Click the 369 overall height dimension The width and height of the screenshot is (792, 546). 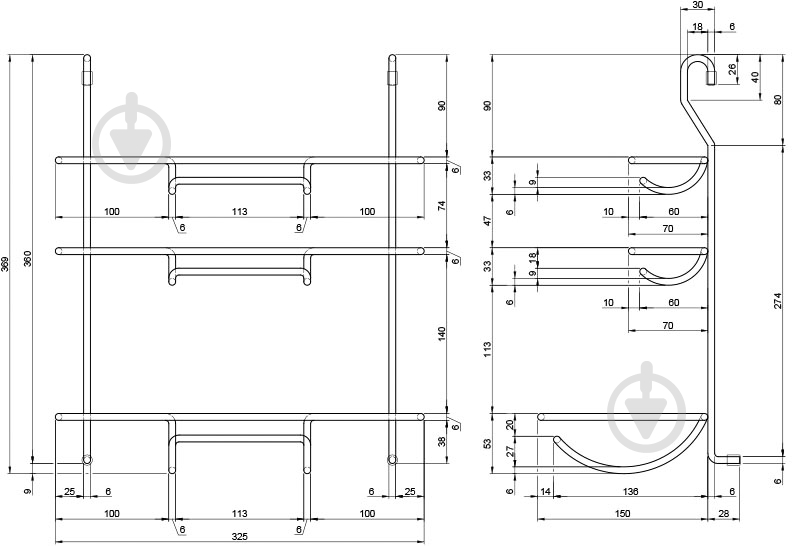click(5, 264)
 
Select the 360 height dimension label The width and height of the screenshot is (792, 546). click(28, 259)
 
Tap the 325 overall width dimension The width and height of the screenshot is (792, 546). click(239, 536)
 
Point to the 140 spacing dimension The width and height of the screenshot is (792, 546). click(442, 333)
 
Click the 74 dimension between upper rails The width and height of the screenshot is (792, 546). click(442, 206)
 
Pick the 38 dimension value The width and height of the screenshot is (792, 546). click(442, 441)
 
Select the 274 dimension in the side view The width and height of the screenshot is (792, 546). click(781, 301)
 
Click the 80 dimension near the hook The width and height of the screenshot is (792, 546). click(778, 100)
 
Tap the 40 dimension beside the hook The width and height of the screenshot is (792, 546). click(755, 77)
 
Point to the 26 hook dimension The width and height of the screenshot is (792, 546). click(733, 70)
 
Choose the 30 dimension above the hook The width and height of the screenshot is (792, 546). click(698, 5)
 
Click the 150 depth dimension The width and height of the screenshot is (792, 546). click(623, 513)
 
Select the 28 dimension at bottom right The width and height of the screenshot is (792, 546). click(724, 513)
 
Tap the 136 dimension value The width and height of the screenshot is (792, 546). click(631, 491)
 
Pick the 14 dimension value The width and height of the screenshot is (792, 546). click(546, 491)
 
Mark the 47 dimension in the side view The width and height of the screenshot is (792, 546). click(487, 221)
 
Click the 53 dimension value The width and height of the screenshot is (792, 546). click(487, 443)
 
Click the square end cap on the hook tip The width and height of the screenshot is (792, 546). click(711, 78)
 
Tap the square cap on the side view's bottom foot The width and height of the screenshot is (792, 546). click(733, 460)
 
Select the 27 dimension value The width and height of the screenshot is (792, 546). click(511, 451)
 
